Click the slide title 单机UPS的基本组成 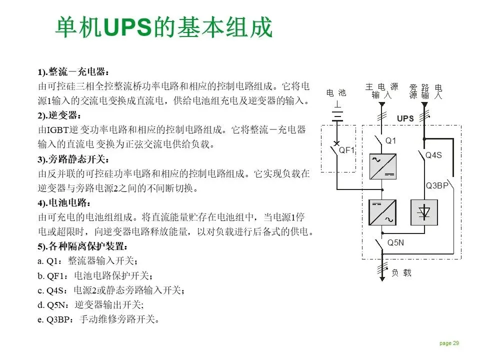pos(163,27)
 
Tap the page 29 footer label pos(449,343)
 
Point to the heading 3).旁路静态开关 pos(73,160)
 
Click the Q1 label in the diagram pos(390,141)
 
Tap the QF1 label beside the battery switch pos(347,150)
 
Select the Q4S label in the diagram pos(433,155)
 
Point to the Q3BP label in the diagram pos(437,185)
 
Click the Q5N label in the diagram pos(396,243)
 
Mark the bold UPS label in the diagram pos(405,118)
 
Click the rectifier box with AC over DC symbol pos(382,166)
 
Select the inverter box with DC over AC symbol pos(382,212)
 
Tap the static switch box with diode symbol pos(424,212)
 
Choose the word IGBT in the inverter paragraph pos(59,130)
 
